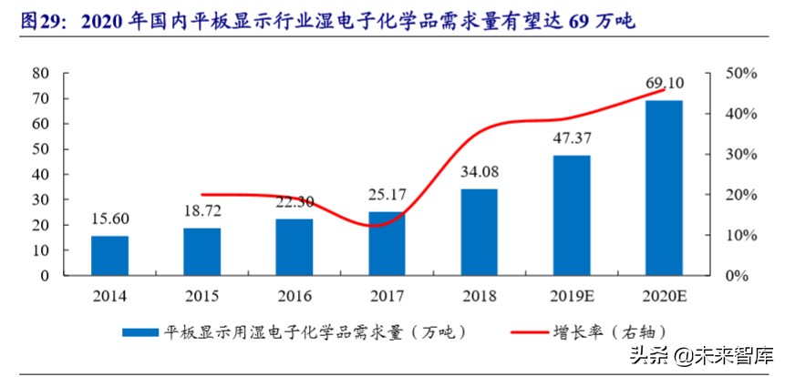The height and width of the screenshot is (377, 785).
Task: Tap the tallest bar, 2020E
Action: (x=664, y=188)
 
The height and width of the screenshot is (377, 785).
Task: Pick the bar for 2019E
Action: (x=571, y=215)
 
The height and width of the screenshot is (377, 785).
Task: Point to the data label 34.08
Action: (x=479, y=173)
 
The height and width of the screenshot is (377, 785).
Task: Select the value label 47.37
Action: (x=571, y=139)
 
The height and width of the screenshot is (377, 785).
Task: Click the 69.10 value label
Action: (x=664, y=85)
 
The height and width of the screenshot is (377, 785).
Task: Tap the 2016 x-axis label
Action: (x=294, y=295)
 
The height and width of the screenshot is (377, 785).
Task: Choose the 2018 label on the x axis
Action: (x=479, y=295)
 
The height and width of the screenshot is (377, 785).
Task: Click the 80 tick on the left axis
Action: (x=39, y=73)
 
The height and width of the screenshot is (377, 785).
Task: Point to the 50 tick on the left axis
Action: (x=39, y=148)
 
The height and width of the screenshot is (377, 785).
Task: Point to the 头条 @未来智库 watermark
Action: (x=701, y=354)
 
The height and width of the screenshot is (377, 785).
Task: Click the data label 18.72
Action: (x=202, y=210)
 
